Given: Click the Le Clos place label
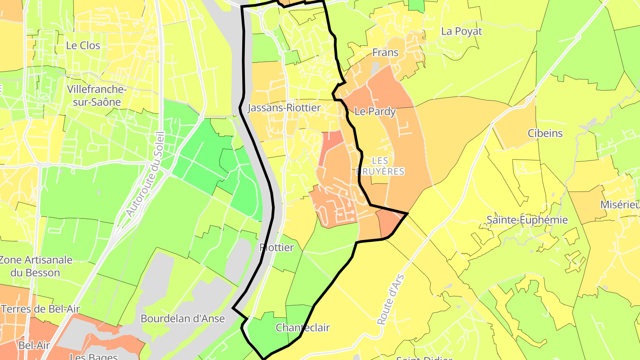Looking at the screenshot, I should [x=83, y=45].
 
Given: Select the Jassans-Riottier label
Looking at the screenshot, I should [x=284, y=108].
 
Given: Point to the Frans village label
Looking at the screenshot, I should [x=385, y=52].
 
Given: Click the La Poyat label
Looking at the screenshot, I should [x=461, y=32].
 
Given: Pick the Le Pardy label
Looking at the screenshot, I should [x=375, y=112].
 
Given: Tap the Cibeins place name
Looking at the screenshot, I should [x=545, y=133].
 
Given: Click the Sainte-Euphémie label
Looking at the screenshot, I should [x=527, y=220].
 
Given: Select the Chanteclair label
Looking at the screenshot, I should [x=303, y=328].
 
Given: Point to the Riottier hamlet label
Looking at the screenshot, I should [x=276, y=248].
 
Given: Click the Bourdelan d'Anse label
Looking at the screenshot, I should [x=183, y=319].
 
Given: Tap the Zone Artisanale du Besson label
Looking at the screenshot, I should [x=36, y=266].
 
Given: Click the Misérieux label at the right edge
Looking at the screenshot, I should [x=620, y=204].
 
